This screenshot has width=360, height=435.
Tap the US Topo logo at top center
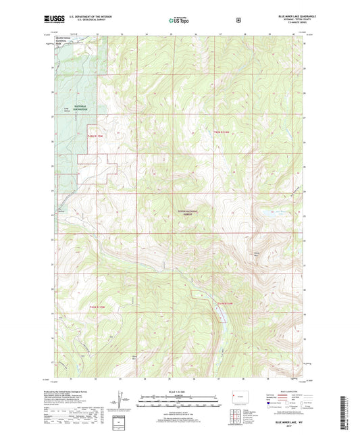click(179, 21)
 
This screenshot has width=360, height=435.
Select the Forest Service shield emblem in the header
click(238, 21)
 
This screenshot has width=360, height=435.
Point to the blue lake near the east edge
click(270, 215)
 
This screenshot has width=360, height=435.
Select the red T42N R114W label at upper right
click(223, 130)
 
